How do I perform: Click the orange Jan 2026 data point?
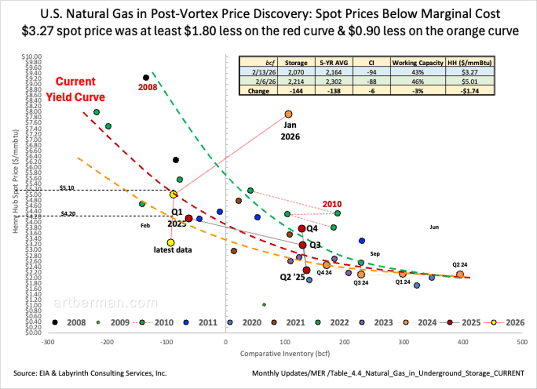click(x=289, y=114)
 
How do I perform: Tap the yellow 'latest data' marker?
click(x=170, y=242)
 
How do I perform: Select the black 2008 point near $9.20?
click(x=145, y=78)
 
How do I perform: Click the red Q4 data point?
click(x=302, y=228)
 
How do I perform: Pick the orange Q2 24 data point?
click(x=460, y=275)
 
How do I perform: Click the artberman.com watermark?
click(x=106, y=304)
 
